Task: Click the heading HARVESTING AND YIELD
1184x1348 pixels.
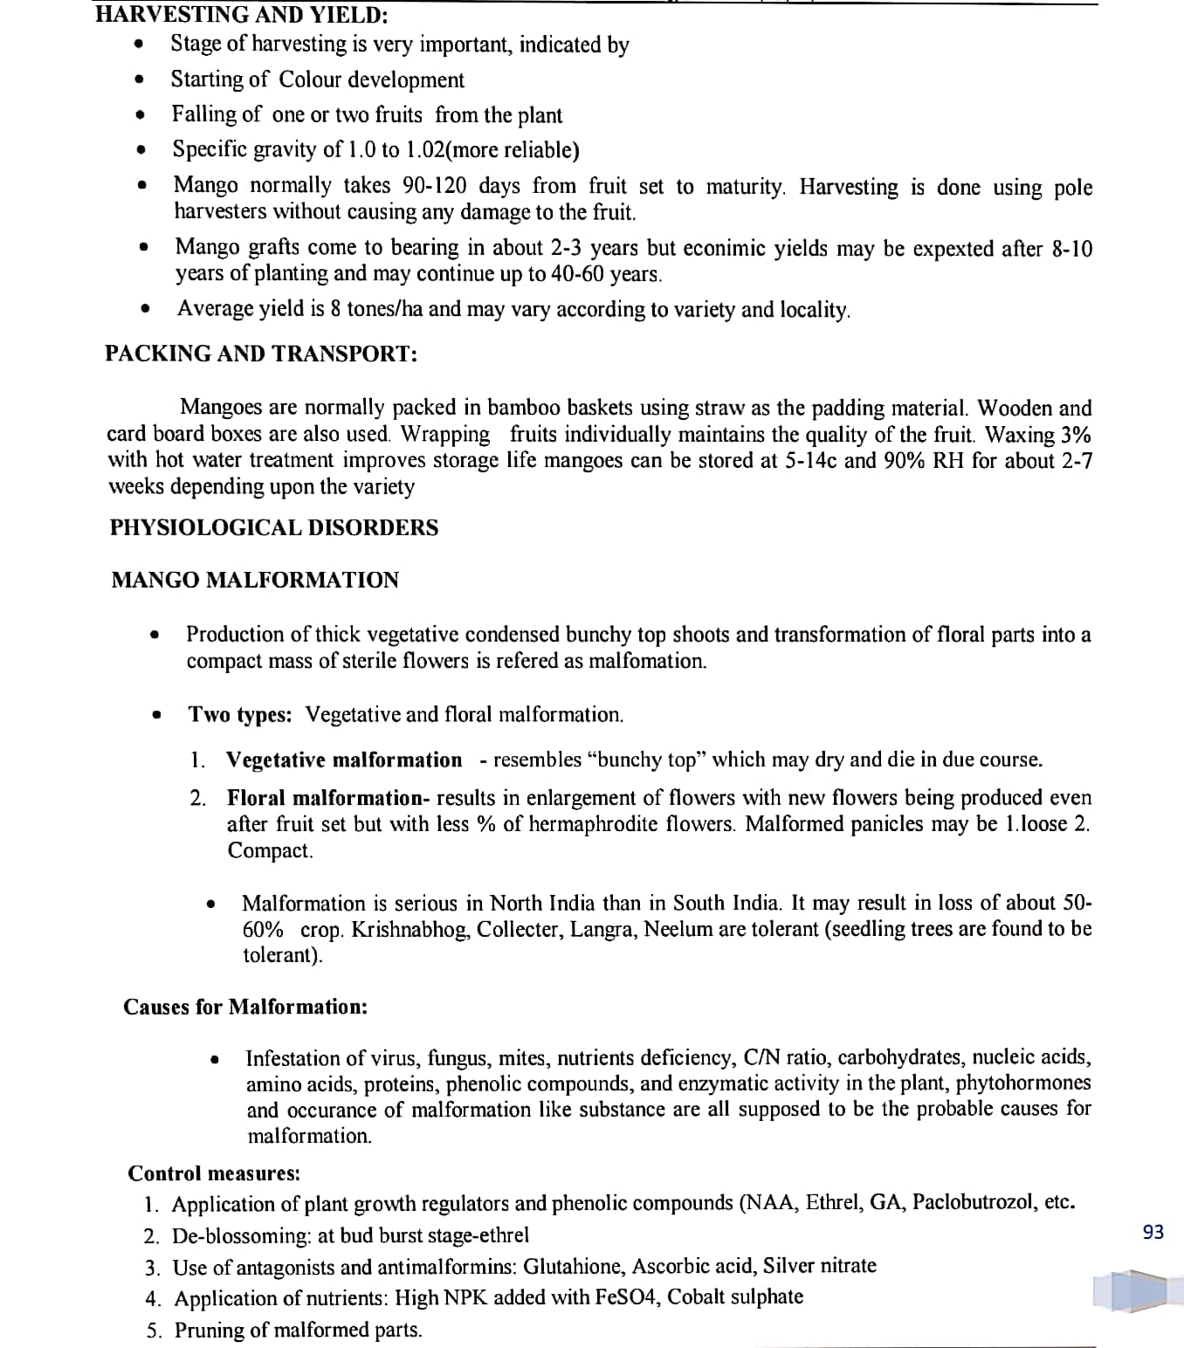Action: point(242,15)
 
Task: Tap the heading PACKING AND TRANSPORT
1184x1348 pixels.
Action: point(261,354)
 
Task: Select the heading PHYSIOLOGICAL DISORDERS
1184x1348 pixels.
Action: point(274,527)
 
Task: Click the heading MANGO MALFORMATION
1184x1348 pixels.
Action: point(255,580)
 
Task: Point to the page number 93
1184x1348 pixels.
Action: point(1153,1232)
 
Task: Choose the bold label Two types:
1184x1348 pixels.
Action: point(240,714)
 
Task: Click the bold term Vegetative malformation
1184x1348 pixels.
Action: point(344,760)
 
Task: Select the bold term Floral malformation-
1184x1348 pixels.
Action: point(328,798)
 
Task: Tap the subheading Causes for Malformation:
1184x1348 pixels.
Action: point(245,1007)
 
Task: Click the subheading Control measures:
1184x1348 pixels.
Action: point(214,1173)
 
